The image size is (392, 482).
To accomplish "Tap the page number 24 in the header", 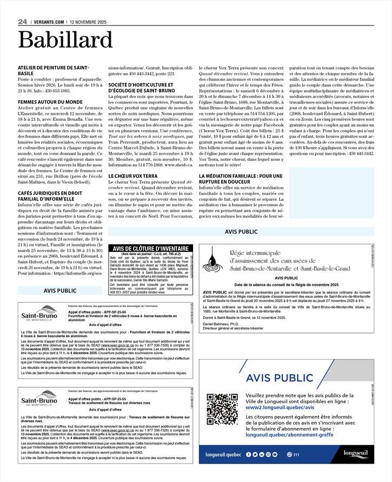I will [x=22, y=22].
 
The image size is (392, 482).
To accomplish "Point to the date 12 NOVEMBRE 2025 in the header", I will [x=87, y=22].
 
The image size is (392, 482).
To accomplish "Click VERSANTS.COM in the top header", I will [x=49, y=22].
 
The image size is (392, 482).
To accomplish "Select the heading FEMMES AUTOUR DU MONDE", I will [x=50, y=102].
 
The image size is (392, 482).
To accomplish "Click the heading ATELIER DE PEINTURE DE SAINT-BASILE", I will [x=53, y=70].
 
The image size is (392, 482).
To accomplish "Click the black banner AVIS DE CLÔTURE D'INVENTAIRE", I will [x=150, y=248].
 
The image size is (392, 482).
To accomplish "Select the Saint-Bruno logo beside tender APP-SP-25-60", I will [x=39, y=316].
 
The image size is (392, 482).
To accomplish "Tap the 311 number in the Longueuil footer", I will [x=293, y=454].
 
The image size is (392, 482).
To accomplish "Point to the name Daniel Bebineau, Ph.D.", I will [x=221, y=323].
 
